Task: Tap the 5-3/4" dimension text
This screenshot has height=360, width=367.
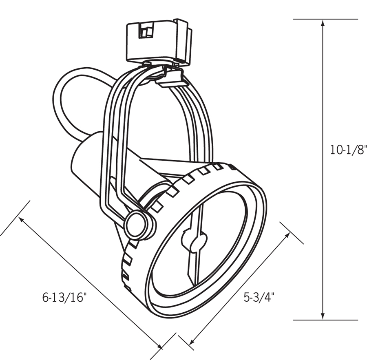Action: [259, 297]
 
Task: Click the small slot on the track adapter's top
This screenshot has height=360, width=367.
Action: [146, 30]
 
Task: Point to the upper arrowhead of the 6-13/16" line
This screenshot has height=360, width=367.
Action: [22, 220]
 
